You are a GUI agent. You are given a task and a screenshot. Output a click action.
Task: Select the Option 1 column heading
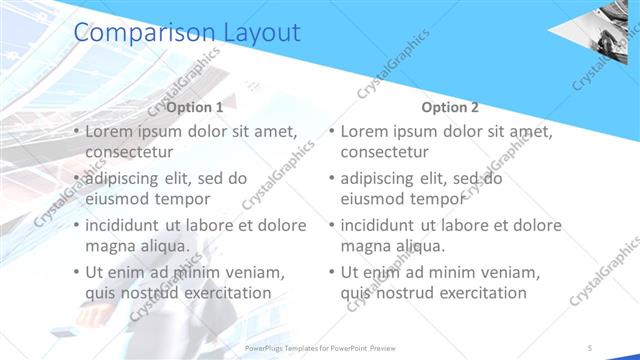coord(195,107)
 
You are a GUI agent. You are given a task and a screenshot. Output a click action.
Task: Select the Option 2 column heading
coord(450,107)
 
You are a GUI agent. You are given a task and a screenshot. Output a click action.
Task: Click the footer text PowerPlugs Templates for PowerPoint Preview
coord(320,348)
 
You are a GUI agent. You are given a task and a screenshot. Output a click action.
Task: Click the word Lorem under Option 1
coord(110,131)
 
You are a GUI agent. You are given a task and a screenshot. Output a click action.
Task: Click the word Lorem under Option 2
coord(366,131)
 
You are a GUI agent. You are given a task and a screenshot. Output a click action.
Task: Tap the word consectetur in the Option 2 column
coord(386,152)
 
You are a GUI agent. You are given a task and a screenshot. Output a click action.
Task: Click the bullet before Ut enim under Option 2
coord(332,272)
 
